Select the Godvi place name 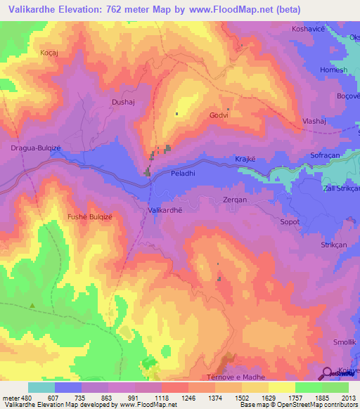pyautogui.click(x=219, y=116)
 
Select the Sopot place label pyautogui.click(x=289, y=222)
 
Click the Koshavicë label pyautogui.click(x=310, y=29)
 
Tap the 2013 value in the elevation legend pyautogui.click(x=347, y=397)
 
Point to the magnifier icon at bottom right pyautogui.click(x=327, y=372)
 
